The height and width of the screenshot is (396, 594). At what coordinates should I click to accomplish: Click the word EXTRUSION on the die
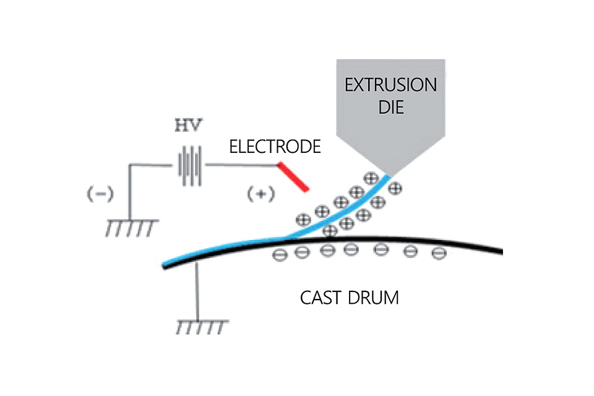(x=390, y=85)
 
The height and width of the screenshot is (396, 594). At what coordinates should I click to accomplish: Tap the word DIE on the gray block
(x=391, y=107)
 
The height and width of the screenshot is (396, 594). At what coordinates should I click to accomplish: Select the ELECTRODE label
(x=275, y=147)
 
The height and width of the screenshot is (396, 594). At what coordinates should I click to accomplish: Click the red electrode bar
(x=293, y=177)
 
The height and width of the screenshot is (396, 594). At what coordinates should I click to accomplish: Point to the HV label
(x=188, y=126)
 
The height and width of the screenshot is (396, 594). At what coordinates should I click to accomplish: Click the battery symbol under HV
(x=190, y=165)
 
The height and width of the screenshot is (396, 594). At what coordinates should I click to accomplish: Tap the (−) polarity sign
(x=100, y=194)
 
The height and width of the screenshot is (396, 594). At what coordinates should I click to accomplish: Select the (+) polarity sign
(x=260, y=194)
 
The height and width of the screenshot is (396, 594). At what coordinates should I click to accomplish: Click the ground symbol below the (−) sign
(x=131, y=227)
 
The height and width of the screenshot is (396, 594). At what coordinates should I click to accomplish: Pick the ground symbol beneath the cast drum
(x=202, y=327)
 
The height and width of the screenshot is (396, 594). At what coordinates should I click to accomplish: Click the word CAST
(x=322, y=298)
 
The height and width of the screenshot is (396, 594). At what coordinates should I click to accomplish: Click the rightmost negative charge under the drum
(x=439, y=253)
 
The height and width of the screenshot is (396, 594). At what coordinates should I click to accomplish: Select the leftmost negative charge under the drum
(x=280, y=255)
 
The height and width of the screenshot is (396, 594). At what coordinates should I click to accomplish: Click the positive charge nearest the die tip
(x=371, y=178)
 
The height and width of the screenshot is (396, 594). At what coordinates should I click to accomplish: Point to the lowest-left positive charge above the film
(x=303, y=219)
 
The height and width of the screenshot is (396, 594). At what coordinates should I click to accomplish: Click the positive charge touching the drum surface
(x=330, y=230)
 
